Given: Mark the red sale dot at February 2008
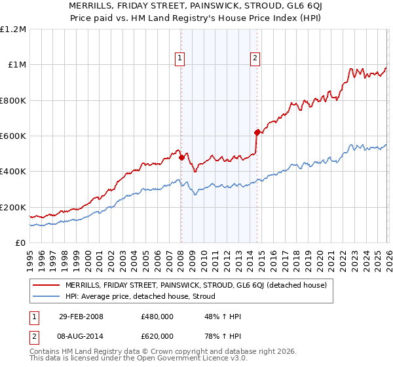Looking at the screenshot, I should pyautogui.click(x=181, y=157).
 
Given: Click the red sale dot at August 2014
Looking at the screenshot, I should pyautogui.click(x=257, y=132).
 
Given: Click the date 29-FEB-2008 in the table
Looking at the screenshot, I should pyautogui.click(x=80, y=317).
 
